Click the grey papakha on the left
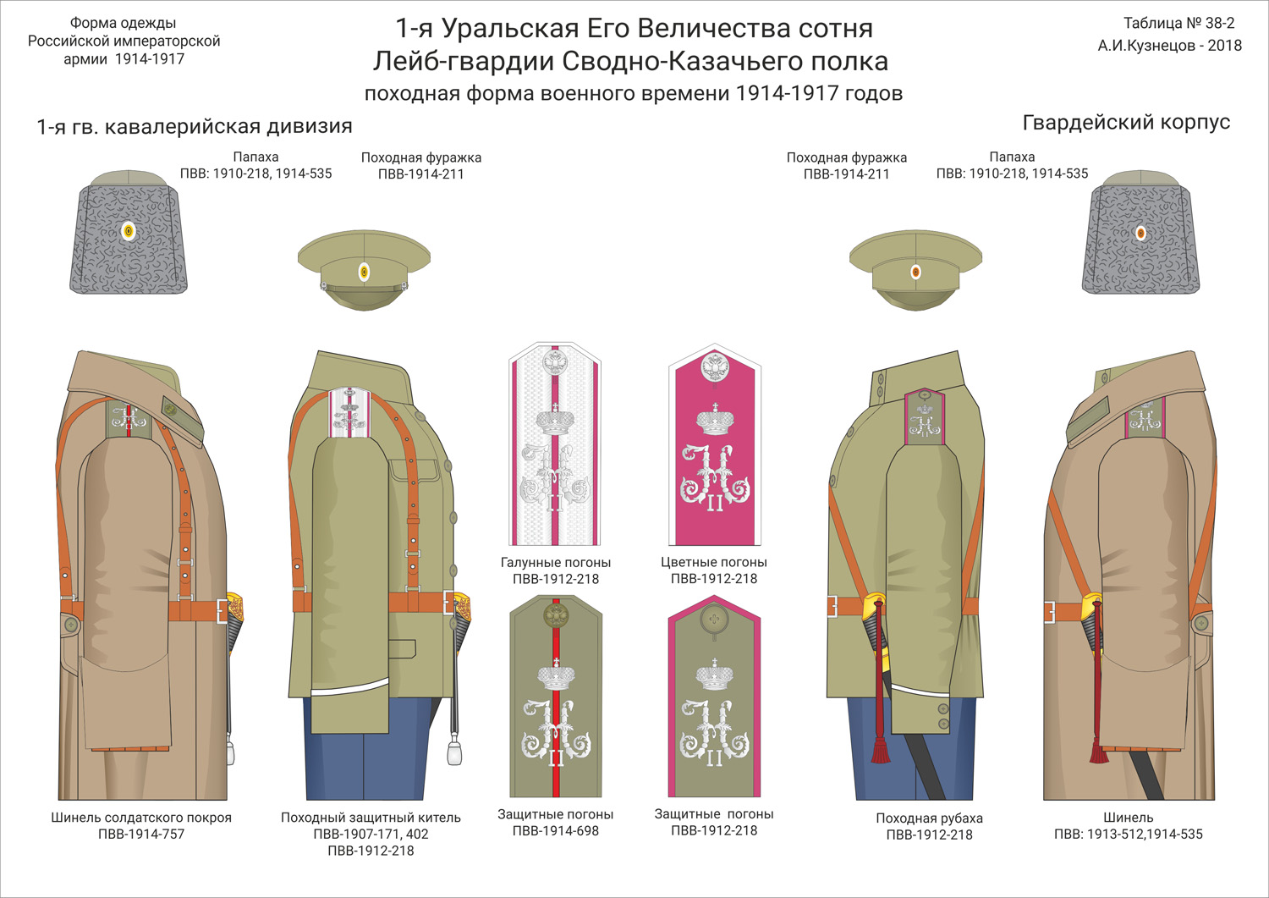click(127, 233)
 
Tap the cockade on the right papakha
click(1140, 233)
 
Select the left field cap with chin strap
click(364, 269)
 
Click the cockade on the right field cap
click(915, 272)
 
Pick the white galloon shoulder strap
click(555, 444)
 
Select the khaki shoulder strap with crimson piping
click(714, 696)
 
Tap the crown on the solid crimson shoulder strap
click(715, 420)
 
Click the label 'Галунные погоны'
click(555, 563)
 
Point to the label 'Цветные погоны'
click(714, 563)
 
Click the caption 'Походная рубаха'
click(929, 818)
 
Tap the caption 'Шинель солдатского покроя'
click(141, 818)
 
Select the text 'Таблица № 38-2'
click(1178, 24)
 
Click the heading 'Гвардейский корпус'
click(1125, 123)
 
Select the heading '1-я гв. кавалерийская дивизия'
click(195, 127)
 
